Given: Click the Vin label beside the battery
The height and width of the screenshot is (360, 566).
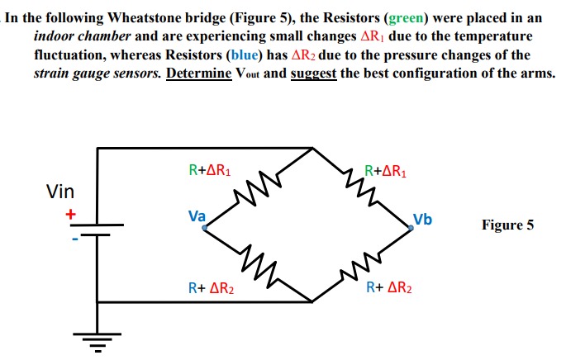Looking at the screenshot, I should click(x=60, y=192).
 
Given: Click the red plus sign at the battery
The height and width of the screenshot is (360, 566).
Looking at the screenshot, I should click(x=71, y=214).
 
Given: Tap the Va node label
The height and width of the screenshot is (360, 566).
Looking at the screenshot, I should click(x=197, y=216).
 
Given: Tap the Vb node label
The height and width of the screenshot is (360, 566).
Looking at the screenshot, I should click(x=422, y=220).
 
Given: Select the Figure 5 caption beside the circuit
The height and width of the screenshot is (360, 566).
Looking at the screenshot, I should click(x=507, y=225).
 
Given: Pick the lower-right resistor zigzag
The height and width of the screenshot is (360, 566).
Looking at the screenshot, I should click(x=360, y=265).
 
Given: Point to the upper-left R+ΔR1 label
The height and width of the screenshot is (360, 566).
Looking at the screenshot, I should click(x=209, y=172).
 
